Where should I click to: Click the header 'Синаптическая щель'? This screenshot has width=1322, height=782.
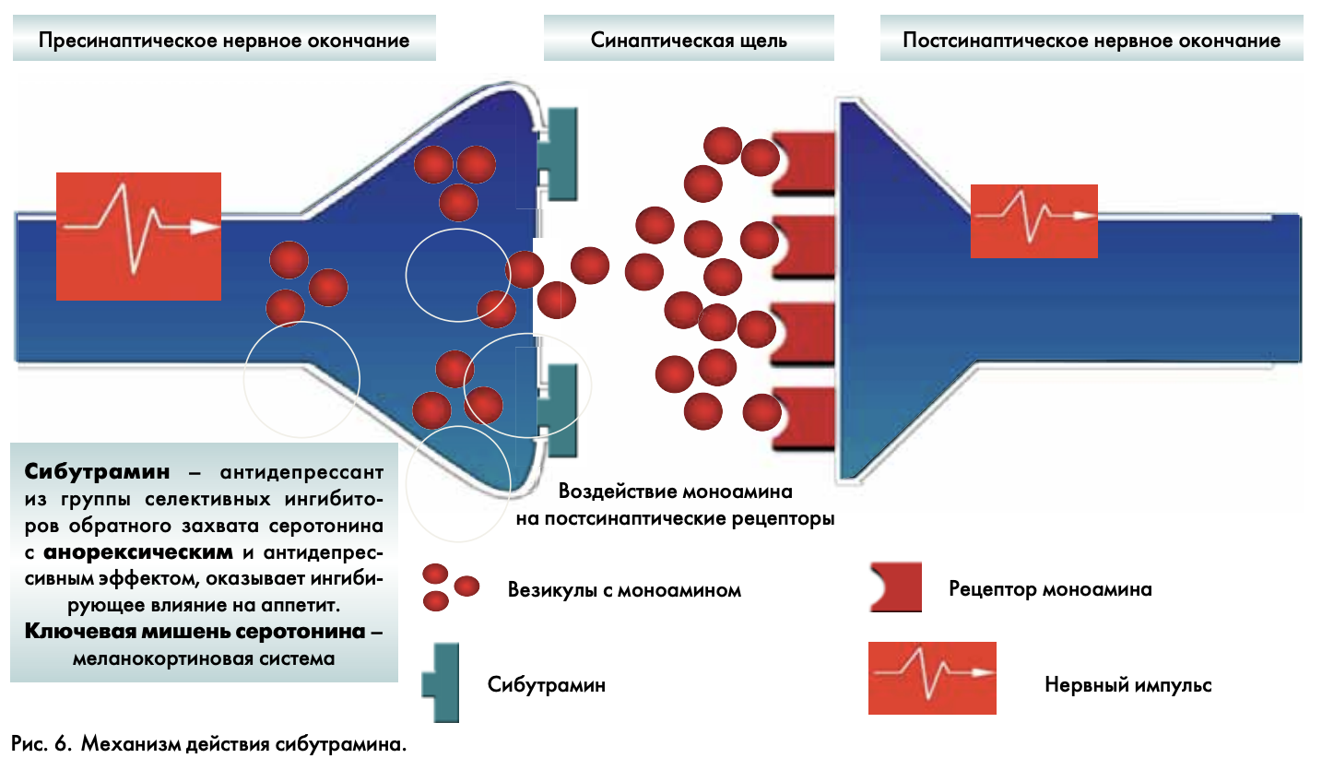coord(689,41)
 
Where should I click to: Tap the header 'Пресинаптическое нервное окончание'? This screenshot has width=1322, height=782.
coord(224,41)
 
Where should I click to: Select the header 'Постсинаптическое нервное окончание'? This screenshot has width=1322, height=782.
coord(1092,41)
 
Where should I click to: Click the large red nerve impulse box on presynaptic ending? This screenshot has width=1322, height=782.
coord(138,236)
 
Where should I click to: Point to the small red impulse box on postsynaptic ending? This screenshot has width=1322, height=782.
coord(1033,220)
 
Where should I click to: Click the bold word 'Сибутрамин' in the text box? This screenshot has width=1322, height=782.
coord(98,472)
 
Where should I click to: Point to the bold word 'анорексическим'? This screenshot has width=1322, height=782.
coord(138,553)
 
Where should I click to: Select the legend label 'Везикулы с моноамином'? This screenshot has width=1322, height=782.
coord(624,590)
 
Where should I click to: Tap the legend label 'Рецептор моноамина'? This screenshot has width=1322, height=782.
coord(1050,589)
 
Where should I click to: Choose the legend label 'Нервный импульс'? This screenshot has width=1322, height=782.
coord(1127,685)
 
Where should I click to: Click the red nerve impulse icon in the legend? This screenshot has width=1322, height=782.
coord(932,678)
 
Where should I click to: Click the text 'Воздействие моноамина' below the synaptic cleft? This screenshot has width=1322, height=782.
coord(675,492)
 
